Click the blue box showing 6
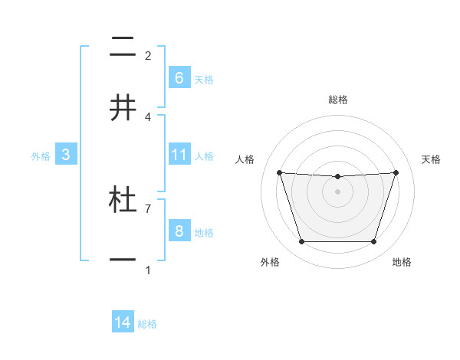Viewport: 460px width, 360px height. [179, 77]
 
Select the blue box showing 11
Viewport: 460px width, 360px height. [179, 155]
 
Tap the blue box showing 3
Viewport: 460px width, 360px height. [66, 155]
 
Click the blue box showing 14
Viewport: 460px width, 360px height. [123, 322]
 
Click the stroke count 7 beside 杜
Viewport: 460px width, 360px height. [148, 208]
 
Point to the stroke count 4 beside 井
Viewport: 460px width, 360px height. [148, 116]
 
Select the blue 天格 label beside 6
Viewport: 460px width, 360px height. [204, 79]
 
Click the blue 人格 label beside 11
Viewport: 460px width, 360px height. [204, 156]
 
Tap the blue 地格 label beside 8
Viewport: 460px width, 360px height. [204, 233]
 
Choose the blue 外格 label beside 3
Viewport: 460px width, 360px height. [41, 156]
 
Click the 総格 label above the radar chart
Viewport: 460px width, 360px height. [338, 100]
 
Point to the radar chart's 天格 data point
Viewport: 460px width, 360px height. [396, 172]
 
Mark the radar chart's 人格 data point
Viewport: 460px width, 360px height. [279, 172]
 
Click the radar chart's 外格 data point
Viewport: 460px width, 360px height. [301, 242]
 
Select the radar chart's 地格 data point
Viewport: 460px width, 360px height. [373, 242]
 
